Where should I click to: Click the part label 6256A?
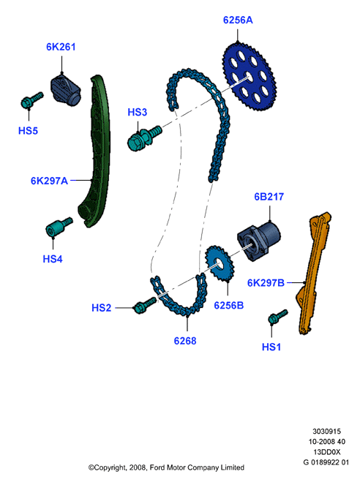238,20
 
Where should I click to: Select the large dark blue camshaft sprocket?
249,77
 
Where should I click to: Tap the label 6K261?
61,47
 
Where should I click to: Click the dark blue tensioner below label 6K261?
66,90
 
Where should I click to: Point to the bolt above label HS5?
31,99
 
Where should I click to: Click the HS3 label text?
137,112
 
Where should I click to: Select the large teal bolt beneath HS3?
144,138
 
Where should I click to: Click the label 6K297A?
49,181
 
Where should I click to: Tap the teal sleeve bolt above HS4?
59,227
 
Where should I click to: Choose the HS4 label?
53,259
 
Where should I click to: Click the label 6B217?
269,197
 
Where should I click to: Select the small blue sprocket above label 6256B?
220,263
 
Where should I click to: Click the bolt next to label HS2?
145,305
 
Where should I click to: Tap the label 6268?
185,341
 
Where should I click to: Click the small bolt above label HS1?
277,317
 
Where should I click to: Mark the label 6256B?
229,306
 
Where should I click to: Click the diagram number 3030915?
326,432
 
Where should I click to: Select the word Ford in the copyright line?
157,467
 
